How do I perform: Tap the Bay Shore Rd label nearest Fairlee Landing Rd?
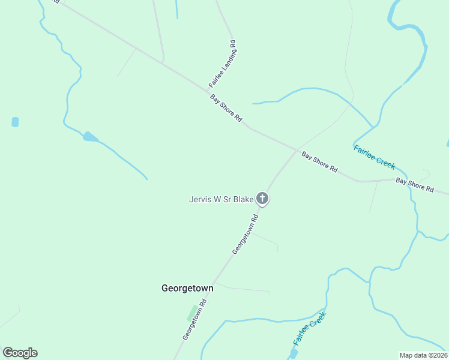point(226,109)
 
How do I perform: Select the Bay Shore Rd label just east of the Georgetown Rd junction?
point(319,160)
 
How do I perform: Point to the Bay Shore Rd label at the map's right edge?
point(414,184)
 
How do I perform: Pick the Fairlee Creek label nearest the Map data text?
point(309,329)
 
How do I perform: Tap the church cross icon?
point(262,198)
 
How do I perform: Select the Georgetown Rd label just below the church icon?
point(245,235)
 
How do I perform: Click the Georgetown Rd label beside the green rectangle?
point(195,320)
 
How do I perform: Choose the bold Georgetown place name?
point(187,288)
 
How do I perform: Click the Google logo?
point(20,353)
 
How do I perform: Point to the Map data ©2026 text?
point(423,355)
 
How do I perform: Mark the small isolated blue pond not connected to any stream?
point(15,122)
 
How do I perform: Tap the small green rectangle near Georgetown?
point(192,313)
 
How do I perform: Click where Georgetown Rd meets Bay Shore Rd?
point(297,150)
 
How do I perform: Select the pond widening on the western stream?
point(90,137)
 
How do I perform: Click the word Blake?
point(244,199)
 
